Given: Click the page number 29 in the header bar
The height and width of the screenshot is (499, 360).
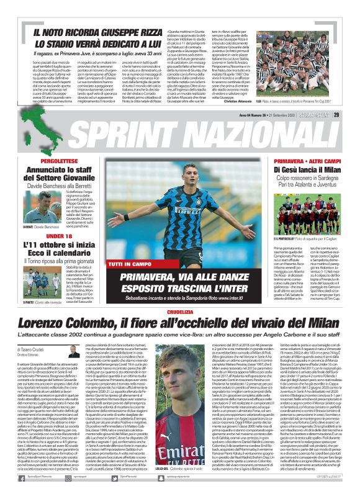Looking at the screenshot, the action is coord(353,114).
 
